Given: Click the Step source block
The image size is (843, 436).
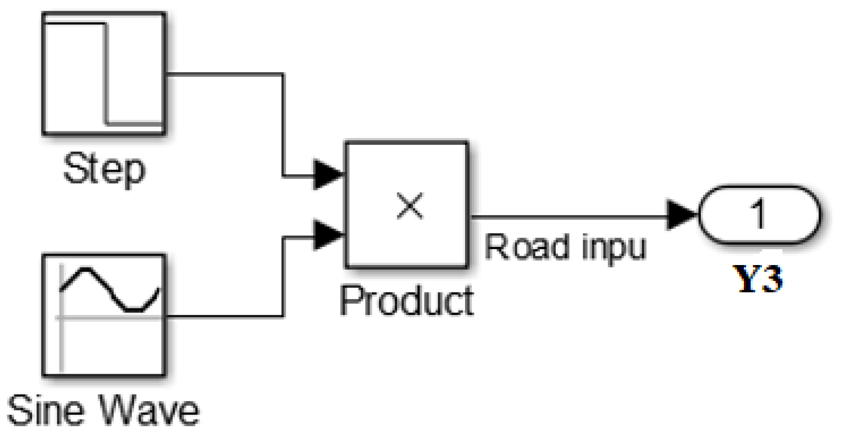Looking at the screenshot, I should pyautogui.click(x=104, y=74).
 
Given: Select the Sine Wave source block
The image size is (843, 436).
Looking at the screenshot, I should pyautogui.click(x=104, y=315).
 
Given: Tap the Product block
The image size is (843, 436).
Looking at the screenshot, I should pyautogui.click(x=406, y=205).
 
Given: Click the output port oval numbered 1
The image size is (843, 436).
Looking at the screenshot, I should pyautogui.click(x=759, y=215).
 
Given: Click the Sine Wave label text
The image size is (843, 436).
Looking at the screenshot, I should pyautogui.click(x=103, y=410).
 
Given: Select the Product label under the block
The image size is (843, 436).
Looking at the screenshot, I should pyautogui.click(x=406, y=301).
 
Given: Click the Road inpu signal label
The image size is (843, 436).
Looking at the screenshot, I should pyautogui.click(x=565, y=247).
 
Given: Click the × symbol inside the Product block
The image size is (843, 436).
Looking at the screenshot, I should pyautogui.click(x=410, y=206).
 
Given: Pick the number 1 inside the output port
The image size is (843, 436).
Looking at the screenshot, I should pyautogui.click(x=759, y=214).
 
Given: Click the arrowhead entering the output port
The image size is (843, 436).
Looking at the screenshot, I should pyautogui.click(x=681, y=215).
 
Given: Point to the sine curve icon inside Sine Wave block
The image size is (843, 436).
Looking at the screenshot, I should pyautogui.click(x=110, y=289).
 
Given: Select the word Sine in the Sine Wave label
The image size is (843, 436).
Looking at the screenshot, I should pyautogui.click(x=47, y=410).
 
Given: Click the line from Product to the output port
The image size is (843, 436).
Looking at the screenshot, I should pyautogui.click(x=568, y=217).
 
